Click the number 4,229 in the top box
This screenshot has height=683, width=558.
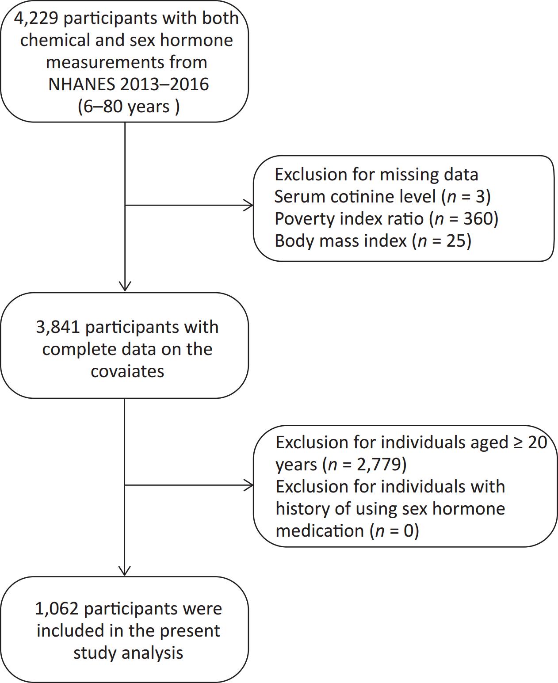point(36,18)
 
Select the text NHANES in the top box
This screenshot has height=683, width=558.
point(82,84)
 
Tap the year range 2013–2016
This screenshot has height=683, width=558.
point(164,84)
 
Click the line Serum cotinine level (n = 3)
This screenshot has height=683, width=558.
point(382,197)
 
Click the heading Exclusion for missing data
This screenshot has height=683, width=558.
point(376,175)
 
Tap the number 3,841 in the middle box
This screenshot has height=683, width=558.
point(58,327)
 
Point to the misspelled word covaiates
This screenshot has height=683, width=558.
point(127,371)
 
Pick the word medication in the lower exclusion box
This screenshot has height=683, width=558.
point(320,531)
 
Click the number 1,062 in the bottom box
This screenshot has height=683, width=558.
point(57,609)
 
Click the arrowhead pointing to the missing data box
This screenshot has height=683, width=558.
point(249,205)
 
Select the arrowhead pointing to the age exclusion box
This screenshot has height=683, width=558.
point(249,485)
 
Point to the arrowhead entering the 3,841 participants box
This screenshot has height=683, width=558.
point(125,286)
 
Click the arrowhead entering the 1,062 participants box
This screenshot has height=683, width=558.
point(125,571)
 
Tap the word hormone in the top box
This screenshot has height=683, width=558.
point(197,40)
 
